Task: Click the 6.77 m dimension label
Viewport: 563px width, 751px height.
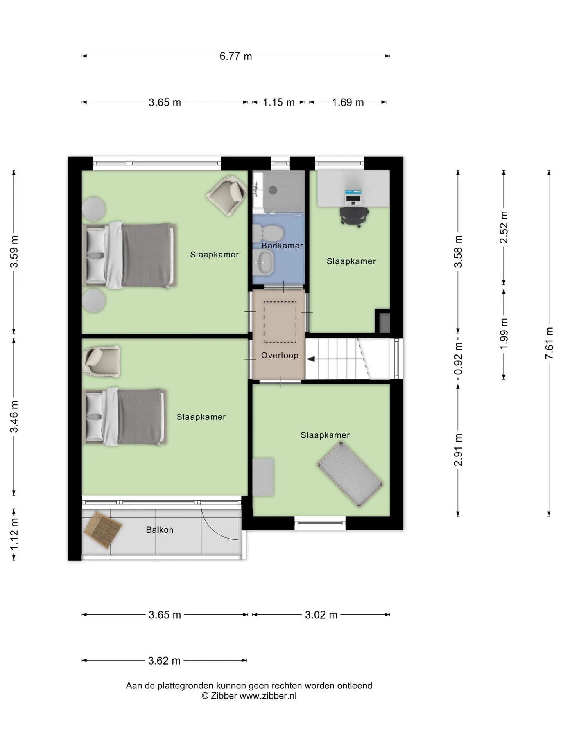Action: [x=235, y=56]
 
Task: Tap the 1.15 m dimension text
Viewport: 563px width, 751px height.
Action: [x=278, y=102]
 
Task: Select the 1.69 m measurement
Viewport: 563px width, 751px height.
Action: [x=348, y=102]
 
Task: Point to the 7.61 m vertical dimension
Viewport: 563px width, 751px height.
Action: [x=549, y=343]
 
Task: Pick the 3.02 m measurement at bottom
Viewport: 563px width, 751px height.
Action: [x=321, y=615]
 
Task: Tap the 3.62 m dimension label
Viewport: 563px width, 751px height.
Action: [x=164, y=661]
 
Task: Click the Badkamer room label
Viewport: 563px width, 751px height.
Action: [x=282, y=246]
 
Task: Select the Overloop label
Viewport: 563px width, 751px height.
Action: [x=280, y=355]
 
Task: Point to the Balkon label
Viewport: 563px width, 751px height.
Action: [x=160, y=530]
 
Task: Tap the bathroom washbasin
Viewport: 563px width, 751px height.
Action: [x=263, y=262]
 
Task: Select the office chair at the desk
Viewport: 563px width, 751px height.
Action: [x=354, y=216]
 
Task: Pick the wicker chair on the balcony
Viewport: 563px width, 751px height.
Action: [x=102, y=530]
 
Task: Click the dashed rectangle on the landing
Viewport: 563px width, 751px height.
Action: [x=280, y=322]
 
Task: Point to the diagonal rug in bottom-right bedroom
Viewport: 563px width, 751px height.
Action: [x=350, y=474]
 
